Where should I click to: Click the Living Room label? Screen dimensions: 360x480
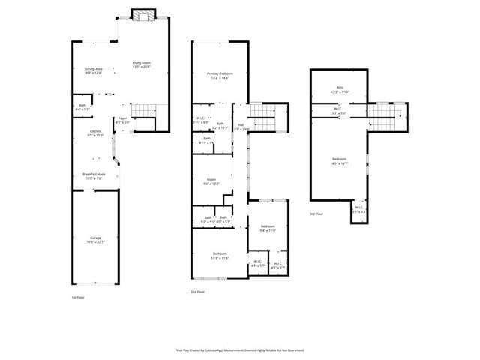(x=142, y=64)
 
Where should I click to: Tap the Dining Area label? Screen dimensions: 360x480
(x=94, y=70)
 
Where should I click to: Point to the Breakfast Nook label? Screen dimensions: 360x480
(x=94, y=176)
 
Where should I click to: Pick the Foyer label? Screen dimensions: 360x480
(x=122, y=120)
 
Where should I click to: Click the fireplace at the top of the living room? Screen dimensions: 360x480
(x=142, y=14)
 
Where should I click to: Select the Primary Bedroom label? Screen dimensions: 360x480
(x=220, y=75)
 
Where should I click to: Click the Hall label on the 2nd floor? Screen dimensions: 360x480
(x=241, y=127)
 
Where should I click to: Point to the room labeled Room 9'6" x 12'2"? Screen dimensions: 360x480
(x=212, y=181)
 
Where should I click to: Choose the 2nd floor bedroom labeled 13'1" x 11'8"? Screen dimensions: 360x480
(x=220, y=255)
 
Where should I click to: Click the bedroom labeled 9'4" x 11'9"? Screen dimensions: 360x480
(x=268, y=228)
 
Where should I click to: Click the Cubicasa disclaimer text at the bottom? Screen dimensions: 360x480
(x=239, y=349)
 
